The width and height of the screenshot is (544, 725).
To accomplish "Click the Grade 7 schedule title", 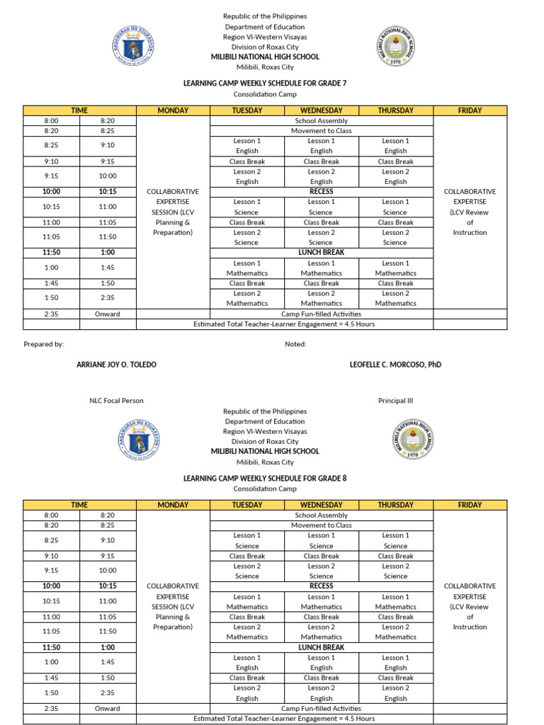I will point(265,83).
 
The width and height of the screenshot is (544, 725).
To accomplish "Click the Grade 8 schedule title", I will point(265,478).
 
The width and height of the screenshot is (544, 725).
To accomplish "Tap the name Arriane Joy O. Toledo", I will point(116,365).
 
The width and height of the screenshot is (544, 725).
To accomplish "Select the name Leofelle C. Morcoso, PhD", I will point(395,365).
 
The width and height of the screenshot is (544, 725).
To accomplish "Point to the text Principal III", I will point(395,401).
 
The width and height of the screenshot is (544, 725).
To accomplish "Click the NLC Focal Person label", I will point(116,401).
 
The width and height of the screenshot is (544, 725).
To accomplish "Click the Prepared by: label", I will point(44,344).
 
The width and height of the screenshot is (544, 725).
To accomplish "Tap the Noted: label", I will point(296,344).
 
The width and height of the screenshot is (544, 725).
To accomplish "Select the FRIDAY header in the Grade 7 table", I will point(470,110).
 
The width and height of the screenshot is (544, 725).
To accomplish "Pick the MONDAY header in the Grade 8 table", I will point(173,505).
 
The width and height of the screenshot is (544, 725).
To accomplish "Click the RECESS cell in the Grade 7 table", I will point(321,191).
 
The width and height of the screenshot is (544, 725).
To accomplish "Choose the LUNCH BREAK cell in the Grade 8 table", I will point(321,647).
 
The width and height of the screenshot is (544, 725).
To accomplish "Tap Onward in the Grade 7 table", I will point(108,314).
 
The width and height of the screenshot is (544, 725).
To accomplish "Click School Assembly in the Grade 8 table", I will point(321,515).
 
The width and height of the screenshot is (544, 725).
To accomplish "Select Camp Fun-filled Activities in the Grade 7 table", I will point(321,314).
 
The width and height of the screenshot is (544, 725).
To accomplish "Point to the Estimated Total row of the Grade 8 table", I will point(284,719).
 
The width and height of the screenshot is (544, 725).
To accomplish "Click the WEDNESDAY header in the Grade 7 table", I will point(321,110).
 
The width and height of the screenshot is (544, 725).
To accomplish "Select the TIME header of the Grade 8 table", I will point(79,505).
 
